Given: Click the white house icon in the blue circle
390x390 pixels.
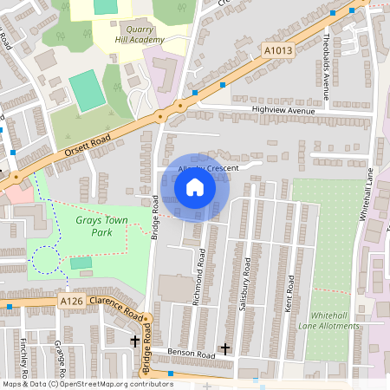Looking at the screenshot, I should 195,186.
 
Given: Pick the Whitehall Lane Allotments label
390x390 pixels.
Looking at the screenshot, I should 334,321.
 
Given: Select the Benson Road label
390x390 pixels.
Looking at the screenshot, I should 192,354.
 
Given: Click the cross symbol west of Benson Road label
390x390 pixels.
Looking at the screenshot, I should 135,342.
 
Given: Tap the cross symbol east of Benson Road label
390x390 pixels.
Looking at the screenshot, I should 225,348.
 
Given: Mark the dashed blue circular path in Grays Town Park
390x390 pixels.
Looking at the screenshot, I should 44,259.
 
